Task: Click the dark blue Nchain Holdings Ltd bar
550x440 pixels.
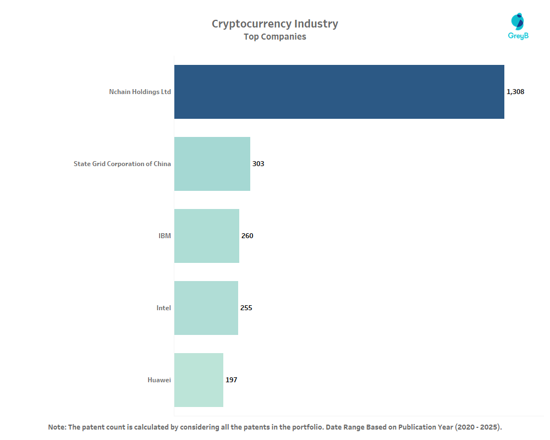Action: [x=339, y=92]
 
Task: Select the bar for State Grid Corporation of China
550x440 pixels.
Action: [x=212, y=164]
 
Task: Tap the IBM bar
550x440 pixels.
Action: [x=207, y=236]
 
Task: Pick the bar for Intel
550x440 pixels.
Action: [x=206, y=308]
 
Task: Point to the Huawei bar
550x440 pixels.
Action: [x=199, y=380]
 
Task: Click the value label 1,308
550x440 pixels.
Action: [x=515, y=92]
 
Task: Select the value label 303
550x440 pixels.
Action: [x=258, y=164]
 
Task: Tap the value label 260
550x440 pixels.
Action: [x=247, y=236]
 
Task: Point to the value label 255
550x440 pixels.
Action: [x=246, y=308]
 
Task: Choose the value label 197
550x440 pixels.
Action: [x=231, y=380]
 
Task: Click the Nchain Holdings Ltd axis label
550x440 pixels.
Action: [x=140, y=92]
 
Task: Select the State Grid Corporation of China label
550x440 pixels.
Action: [x=122, y=164]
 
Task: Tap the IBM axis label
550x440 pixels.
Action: [x=164, y=236]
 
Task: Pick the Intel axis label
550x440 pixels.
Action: [x=163, y=308]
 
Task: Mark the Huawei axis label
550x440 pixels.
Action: [x=159, y=380]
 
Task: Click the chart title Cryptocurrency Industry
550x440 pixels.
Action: [x=275, y=24]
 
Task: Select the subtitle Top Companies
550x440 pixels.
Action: [x=275, y=37]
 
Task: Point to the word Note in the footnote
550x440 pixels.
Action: [x=57, y=427]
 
